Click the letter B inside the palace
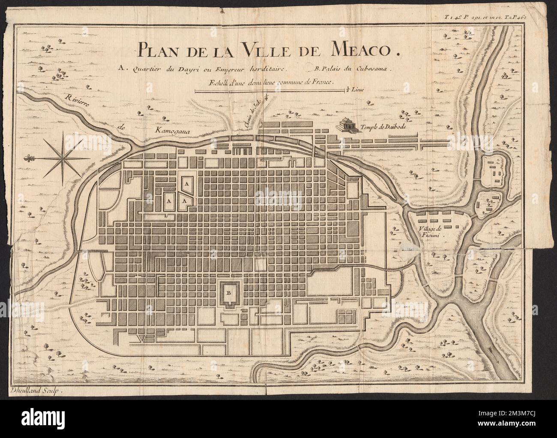point(228,293)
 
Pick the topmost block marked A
point(186,183)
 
